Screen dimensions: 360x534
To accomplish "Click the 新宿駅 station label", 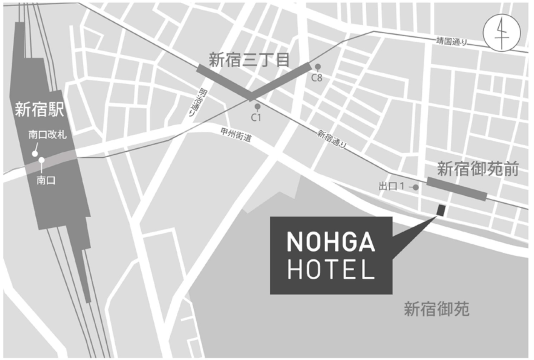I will (40, 109).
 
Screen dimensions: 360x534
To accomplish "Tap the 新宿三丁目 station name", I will (249, 60).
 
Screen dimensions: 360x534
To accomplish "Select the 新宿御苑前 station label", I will (478, 169).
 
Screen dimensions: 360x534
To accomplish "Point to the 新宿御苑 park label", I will (436, 309).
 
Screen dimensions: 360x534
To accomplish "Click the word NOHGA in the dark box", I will (331, 242).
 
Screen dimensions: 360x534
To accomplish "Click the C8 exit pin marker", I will (318, 67).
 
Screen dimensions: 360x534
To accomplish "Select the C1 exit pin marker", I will (258, 107).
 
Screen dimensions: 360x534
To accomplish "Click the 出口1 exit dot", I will (416, 188).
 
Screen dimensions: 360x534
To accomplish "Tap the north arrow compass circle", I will (502, 33).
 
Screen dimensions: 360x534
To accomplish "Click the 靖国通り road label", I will (452, 41).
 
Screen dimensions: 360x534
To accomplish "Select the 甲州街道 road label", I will (236, 135).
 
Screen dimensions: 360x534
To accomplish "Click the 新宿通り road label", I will (332, 139).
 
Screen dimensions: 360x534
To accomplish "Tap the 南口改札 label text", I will (48, 135).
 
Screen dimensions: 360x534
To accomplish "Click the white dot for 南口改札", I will (35, 154).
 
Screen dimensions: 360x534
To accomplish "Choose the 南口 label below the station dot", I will (46, 180).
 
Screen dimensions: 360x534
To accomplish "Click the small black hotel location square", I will (441, 210).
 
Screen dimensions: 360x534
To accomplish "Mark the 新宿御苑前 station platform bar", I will (457, 189).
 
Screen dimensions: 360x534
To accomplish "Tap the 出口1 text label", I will (391, 186).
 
